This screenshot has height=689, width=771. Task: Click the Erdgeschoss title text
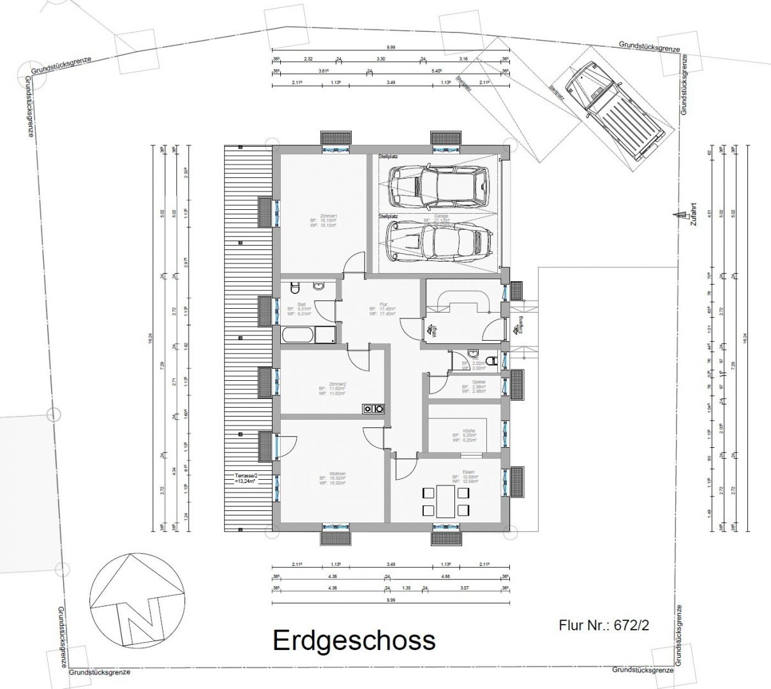tap(354, 640)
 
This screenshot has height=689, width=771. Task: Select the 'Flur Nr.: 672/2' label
tap(603, 625)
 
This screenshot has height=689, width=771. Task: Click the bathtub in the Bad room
tap(297, 334)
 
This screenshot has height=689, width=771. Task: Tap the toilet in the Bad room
tap(294, 287)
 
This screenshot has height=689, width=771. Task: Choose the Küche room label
tap(465, 436)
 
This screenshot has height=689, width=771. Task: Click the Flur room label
tap(382, 309)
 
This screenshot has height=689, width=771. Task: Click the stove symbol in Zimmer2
tap(373, 410)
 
